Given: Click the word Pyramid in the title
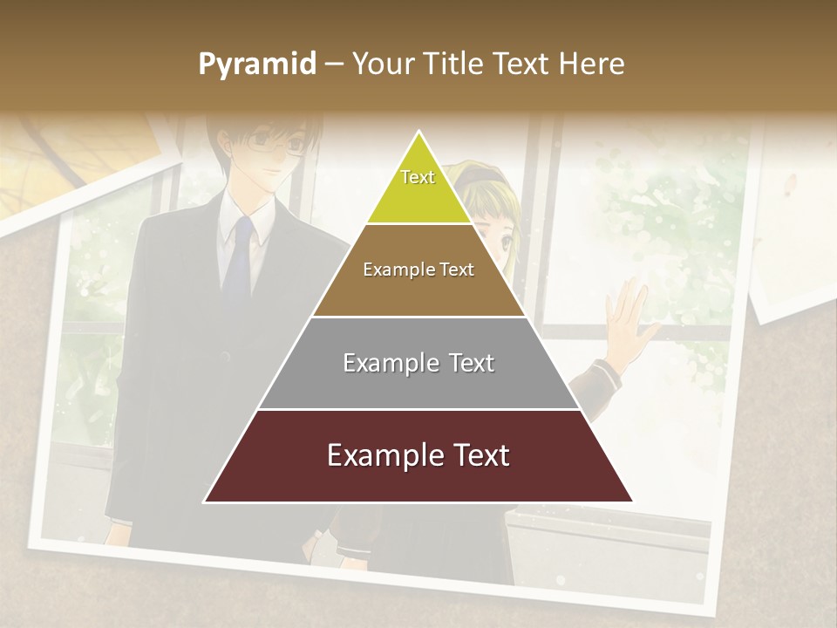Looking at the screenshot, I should [x=257, y=65].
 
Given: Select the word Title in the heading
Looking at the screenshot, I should [x=453, y=65].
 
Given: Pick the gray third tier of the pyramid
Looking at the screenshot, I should [x=418, y=384].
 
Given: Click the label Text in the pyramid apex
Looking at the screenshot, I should [x=418, y=177].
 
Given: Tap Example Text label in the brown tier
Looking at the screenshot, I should [x=418, y=270].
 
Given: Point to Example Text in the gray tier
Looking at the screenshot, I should [x=418, y=363].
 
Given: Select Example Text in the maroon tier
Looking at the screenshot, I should [x=418, y=455].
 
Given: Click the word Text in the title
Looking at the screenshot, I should [x=520, y=65].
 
